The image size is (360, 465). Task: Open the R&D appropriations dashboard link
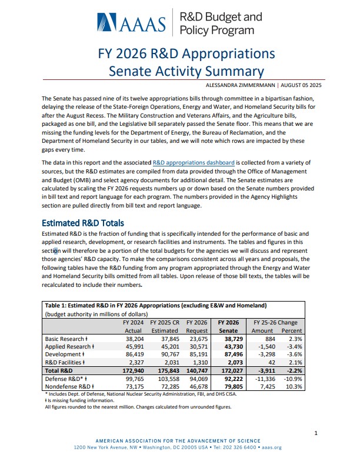click(194, 162)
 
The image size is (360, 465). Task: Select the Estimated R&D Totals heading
click(82, 223)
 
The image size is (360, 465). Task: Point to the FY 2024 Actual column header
click(132, 326)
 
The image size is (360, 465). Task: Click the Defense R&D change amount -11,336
click(264, 381)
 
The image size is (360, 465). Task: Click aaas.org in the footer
click(271, 447)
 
